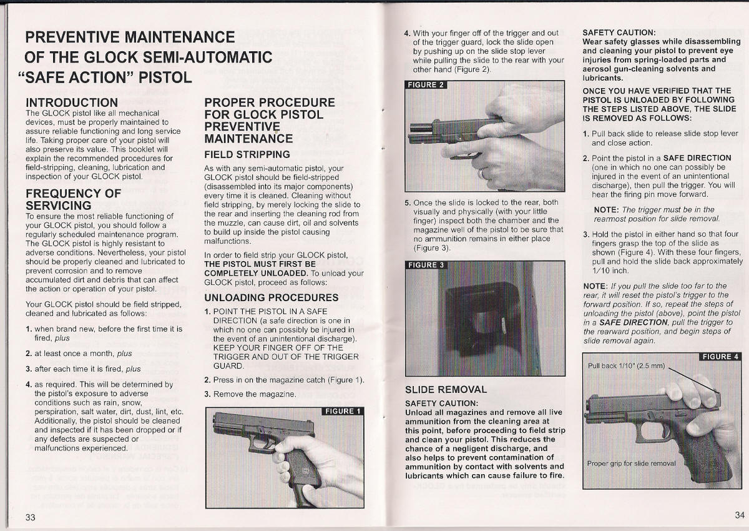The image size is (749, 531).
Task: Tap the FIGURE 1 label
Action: point(342,411)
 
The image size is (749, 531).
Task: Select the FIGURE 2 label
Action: point(426,85)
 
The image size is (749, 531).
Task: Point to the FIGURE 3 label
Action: point(426,265)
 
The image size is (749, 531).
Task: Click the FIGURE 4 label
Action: point(720,357)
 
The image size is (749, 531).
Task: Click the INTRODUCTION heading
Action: point(72,102)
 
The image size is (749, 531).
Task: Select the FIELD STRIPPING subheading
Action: point(247,154)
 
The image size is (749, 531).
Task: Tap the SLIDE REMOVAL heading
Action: point(446,389)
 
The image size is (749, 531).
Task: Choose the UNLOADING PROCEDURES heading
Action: point(272,297)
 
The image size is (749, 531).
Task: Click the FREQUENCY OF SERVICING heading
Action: point(74,199)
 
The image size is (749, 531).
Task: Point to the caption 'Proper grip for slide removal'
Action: point(632,463)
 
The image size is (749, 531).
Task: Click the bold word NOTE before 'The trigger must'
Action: point(606,209)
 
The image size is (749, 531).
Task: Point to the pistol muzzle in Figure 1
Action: point(213,422)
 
